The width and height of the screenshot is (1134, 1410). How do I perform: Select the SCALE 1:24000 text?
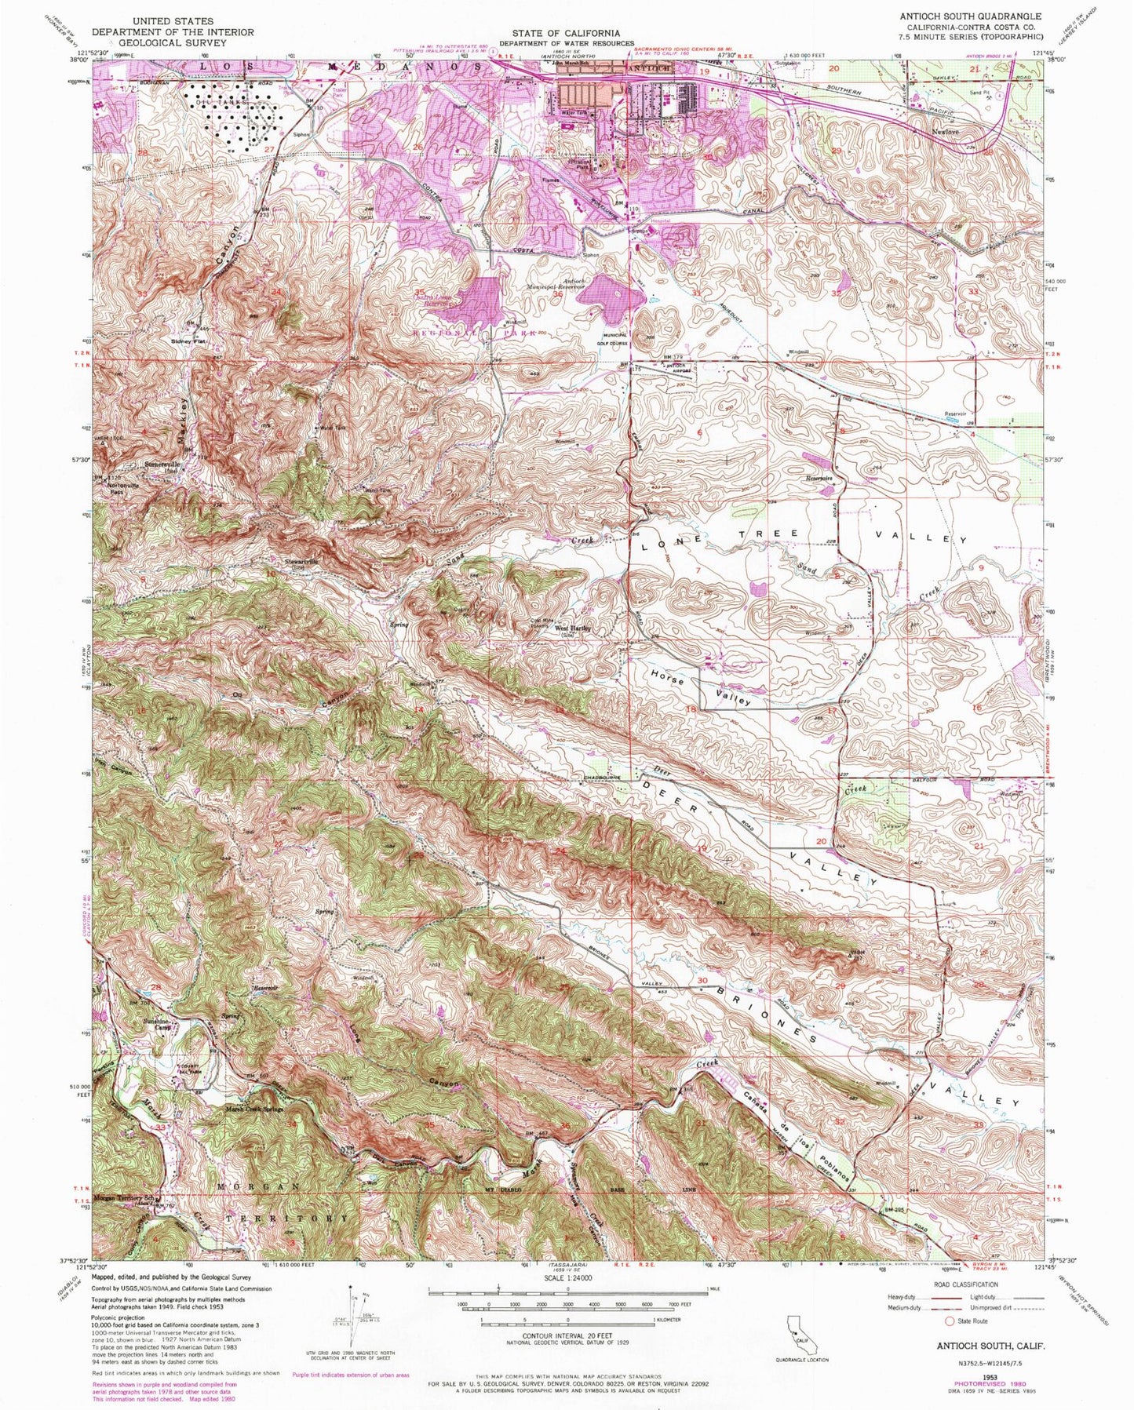click(x=566, y=1300)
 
